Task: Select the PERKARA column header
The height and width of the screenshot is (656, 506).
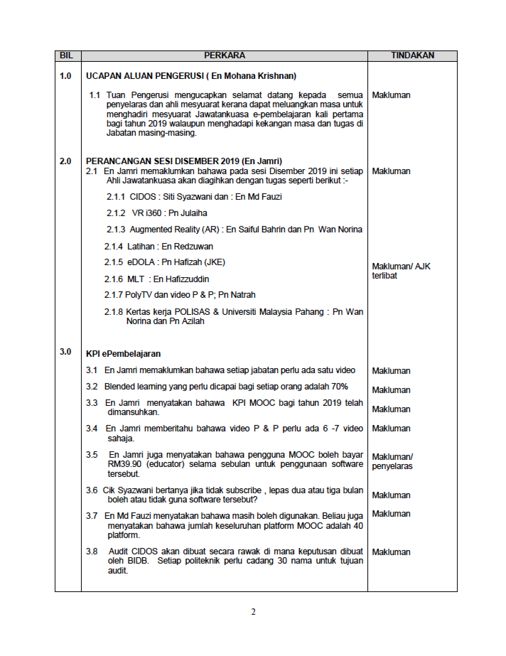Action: click(x=225, y=55)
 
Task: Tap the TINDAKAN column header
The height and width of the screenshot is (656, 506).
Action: click(x=413, y=55)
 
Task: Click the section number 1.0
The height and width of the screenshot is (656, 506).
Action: click(x=66, y=76)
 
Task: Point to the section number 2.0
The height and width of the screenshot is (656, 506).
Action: click(x=66, y=161)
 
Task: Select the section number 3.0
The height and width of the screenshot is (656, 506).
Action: click(x=66, y=352)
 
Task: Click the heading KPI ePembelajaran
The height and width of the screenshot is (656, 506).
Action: click(x=123, y=354)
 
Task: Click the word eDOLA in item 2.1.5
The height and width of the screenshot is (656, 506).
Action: click(x=141, y=262)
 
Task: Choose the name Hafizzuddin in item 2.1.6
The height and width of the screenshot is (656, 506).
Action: click(x=187, y=279)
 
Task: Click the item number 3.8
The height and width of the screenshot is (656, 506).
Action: click(x=92, y=552)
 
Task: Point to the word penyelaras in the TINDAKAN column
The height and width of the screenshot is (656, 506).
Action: click(x=392, y=466)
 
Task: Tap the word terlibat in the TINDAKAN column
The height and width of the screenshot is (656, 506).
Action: click(x=384, y=276)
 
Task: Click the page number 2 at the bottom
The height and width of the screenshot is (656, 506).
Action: click(x=253, y=612)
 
